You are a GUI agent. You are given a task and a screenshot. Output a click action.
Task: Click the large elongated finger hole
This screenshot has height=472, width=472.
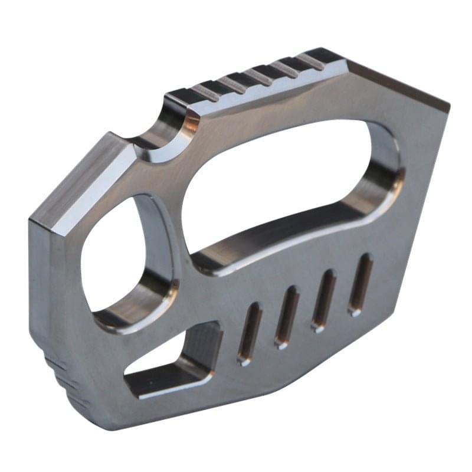[x=283, y=177]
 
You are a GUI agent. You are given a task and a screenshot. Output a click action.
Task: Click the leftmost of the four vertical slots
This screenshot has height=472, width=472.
[x=250, y=333]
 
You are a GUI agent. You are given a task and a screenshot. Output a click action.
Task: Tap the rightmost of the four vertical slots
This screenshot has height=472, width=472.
[x=360, y=284]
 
